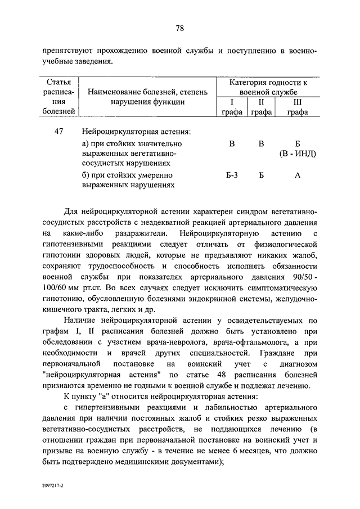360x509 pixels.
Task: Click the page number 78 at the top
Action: tap(180, 28)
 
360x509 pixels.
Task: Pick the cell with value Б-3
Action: tap(232, 175)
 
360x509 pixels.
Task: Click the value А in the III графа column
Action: tap(298, 175)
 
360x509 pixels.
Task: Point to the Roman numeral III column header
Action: tap(298, 102)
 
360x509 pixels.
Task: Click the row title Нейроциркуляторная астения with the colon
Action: tap(136, 132)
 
